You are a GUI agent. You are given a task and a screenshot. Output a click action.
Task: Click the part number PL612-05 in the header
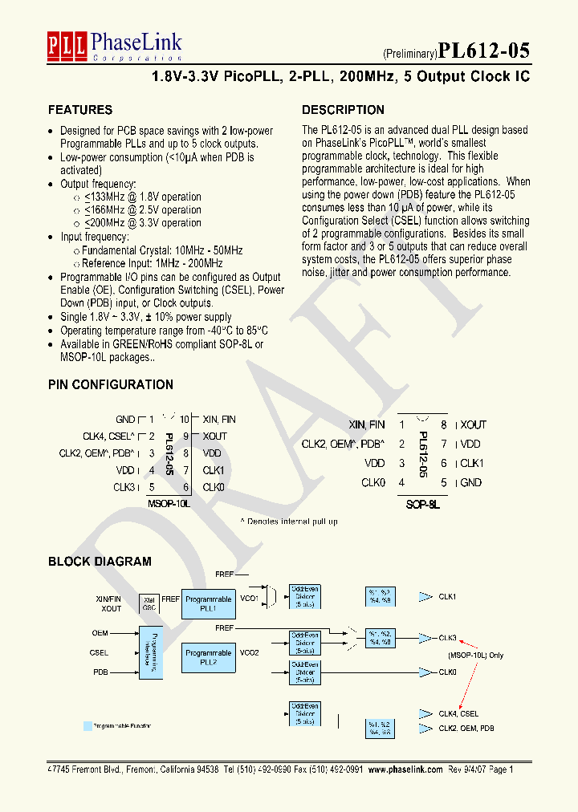(484, 51)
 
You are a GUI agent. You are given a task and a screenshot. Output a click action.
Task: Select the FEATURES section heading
(80, 110)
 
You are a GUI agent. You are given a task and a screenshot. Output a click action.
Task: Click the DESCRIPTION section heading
(343, 110)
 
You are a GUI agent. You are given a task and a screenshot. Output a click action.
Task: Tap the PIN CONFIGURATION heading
(111, 384)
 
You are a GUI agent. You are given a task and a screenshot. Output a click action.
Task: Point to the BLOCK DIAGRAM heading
(100, 562)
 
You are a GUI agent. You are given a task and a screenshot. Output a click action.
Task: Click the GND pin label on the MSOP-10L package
(125, 420)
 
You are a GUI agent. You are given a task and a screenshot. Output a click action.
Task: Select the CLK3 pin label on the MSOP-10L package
(124, 487)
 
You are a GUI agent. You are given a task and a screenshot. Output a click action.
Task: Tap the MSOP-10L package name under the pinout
(169, 504)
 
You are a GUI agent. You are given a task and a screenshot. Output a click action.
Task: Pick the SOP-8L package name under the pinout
(422, 505)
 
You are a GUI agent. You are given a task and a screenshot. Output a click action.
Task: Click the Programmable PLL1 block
(209, 603)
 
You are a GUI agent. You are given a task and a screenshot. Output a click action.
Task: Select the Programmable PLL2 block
(209, 658)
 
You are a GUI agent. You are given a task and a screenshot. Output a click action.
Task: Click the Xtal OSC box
(149, 603)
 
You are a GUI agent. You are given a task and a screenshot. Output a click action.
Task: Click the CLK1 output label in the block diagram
(447, 597)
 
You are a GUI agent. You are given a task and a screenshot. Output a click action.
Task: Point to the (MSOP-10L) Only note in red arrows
(476, 656)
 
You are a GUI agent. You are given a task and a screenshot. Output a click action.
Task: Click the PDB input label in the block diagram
(100, 672)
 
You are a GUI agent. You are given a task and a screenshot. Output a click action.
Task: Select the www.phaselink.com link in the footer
(405, 769)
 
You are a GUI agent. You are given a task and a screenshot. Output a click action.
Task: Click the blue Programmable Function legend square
(88, 726)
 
